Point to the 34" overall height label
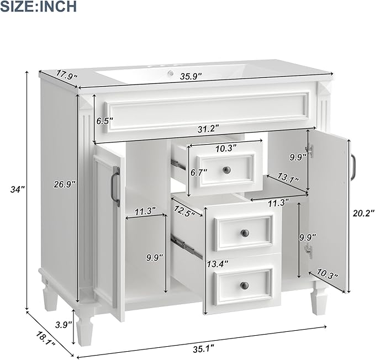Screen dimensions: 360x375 18,189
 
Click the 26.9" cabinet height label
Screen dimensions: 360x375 65,184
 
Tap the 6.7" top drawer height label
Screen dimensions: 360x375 199,172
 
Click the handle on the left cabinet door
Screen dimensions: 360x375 117,188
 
